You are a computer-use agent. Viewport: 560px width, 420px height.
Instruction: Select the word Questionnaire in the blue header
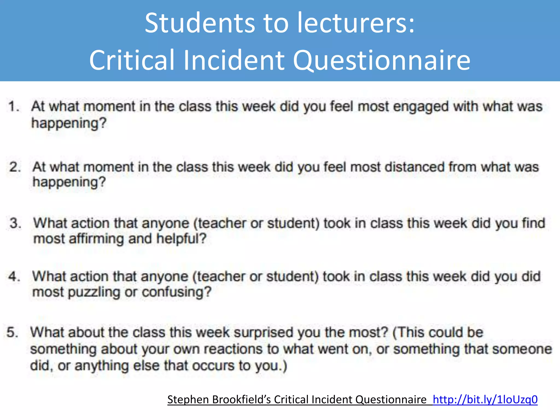coord(381,60)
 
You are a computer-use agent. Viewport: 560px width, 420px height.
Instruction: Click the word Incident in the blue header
coord(234,60)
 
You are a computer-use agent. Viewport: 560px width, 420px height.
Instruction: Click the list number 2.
coord(15,167)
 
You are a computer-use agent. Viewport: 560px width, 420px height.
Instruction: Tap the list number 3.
coord(15,223)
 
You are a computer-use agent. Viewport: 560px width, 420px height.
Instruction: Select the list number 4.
coord(14,276)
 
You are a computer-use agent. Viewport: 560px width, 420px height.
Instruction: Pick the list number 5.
coord(12,332)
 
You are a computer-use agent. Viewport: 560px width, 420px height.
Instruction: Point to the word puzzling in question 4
coord(94,292)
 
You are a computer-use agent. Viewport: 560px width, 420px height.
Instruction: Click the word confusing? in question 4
coord(177,292)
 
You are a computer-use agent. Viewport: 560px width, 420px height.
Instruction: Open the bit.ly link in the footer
coord(485,399)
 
